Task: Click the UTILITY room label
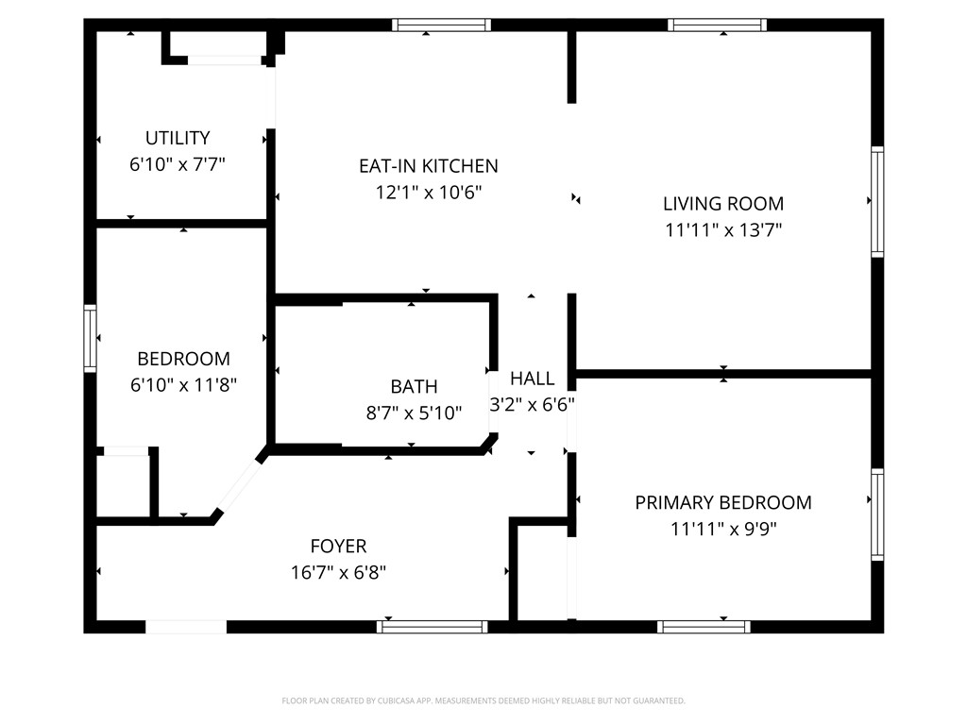click(x=178, y=138)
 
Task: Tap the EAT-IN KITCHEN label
click(x=428, y=166)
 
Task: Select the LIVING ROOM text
click(x=722, y=203)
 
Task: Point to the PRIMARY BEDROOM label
click(x=722, y=502)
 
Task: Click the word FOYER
click(x=338, y=546)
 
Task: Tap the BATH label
click(x=414, y=386)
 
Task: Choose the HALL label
click(x=532, y=379)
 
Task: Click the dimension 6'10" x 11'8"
click(x=183, y=384)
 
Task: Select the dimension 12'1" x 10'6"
click(x=428, y=193)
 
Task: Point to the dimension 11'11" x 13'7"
click(x=722, y=229)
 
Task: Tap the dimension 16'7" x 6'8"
click(x=338, y=572)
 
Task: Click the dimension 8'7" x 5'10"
click(x=414, y=413)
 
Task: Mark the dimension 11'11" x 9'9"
click(x=722, y=529)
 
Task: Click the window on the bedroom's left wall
click(x=91, y=338)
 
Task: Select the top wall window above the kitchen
click(x=441, y=25)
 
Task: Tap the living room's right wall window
click(x=877, y=201)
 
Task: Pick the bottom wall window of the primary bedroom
click(x=704, y=626)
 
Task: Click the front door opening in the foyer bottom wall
click(x=186, y=626)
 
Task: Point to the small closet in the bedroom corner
click(x=124, y=485)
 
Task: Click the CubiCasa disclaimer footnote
click(x=483, y=700)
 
